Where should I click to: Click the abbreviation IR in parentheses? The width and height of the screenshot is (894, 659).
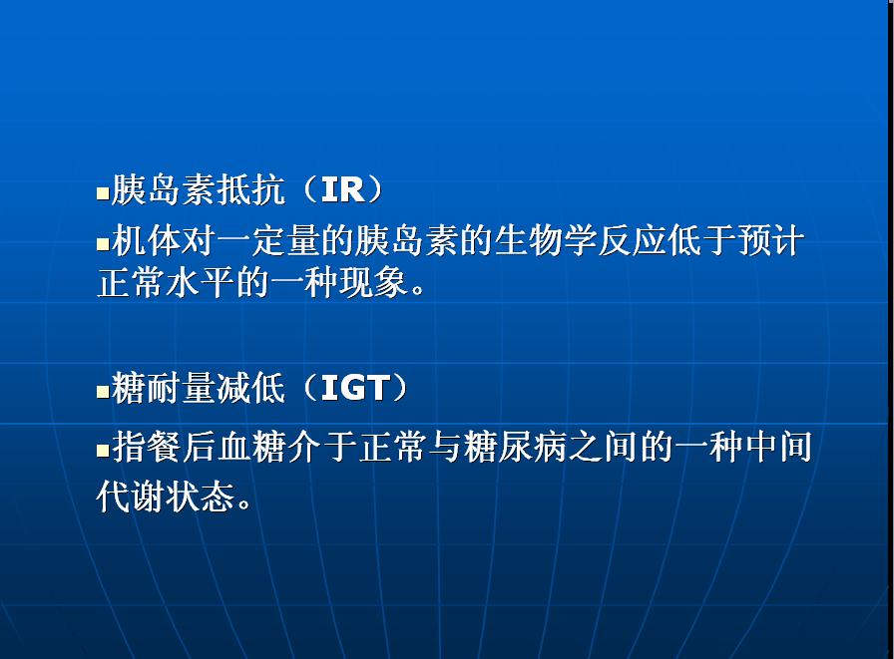(x=342, y=189)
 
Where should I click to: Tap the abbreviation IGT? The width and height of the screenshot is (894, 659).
(x=355, y=388)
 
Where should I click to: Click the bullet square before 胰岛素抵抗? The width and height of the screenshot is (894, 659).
(x=103, y=193)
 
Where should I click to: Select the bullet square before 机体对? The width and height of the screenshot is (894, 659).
(x=103, y=244)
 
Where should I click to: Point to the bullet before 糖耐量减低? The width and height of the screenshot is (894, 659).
(x=103, y=392)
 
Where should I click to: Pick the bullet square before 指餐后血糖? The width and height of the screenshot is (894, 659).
(x=103, y=451)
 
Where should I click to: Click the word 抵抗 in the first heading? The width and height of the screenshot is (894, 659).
(x=250, y=189)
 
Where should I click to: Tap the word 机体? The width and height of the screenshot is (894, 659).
(x=146, y=240)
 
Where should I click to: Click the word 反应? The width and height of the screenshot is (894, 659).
(x=633, y=240)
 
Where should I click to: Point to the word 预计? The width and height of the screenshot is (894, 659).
(x=771, y=240)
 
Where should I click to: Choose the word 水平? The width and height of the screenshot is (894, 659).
(x=201, y=282)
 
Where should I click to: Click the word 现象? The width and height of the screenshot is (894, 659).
(x=373, y=282)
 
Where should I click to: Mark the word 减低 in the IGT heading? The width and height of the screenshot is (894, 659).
(x=250, y=388)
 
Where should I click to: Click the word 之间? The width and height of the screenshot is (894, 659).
(x=602, y=447)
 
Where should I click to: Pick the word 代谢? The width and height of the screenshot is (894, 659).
(x=131, y=496)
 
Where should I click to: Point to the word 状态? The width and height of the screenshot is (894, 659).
(x=201, y=496)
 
